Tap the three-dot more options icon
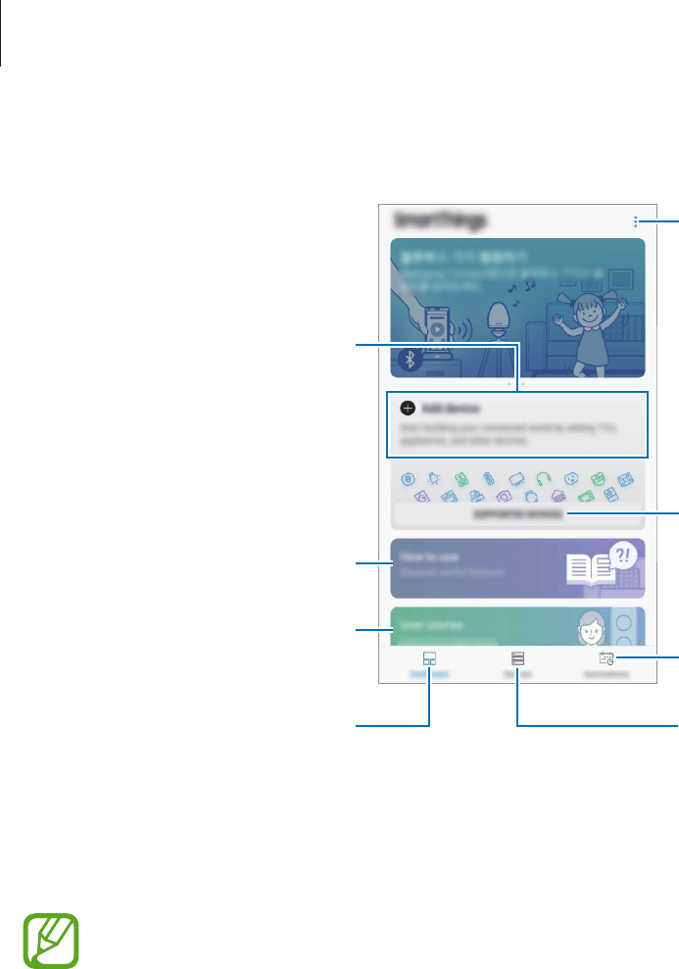point(635,222)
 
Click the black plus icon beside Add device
point(408,407)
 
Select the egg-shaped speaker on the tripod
point(502,316)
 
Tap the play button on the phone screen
point(434,329)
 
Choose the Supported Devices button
point(517,514)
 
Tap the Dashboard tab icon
point(429,659)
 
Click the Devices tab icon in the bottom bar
point(516,659)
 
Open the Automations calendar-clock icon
point(606,659)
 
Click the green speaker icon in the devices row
point(461,479)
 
